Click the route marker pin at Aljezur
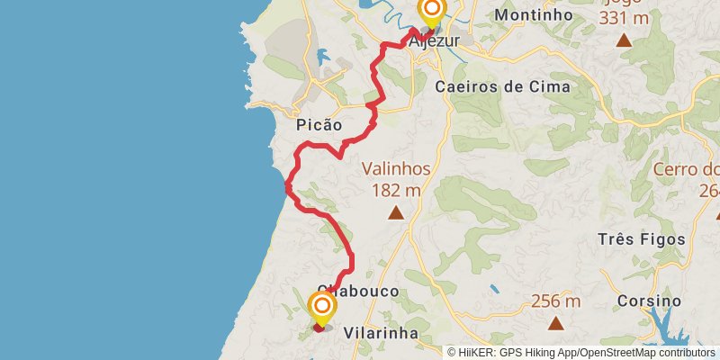(432, 12)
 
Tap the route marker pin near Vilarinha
(321, 308)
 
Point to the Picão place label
(319, 127)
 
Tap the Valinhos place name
(397, 168)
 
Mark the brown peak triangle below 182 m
(395, 213)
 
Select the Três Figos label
(641, 239)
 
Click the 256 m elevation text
(556, 301)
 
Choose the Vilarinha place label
(382, 332)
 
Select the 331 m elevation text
(622, 18)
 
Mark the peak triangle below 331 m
(623, 40)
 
